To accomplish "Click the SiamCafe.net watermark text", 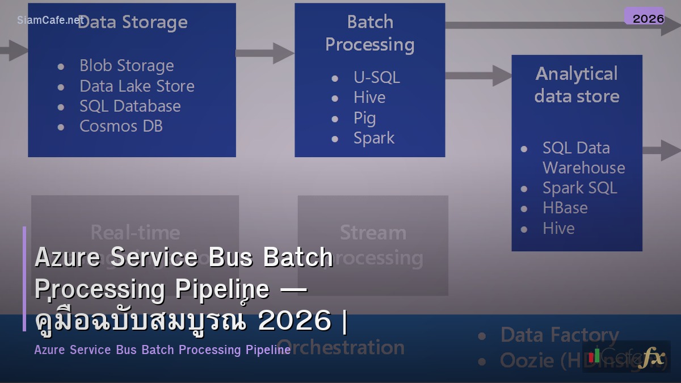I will (50, 20).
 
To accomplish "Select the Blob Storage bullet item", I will (127, 66).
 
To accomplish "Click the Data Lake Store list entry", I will (137, 86).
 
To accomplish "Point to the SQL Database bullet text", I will (130, 106).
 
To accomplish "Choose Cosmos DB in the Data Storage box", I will (121, 126).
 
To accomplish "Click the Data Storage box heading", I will (132, 23).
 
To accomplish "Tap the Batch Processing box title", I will (370, 33).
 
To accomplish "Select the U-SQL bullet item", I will (376, 77).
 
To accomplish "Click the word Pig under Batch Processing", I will (364, 118).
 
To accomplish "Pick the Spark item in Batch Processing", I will (373, 138).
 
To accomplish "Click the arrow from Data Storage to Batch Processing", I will (264, 53).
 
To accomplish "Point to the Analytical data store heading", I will (577, 85).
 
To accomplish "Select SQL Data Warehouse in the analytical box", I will (583, 158).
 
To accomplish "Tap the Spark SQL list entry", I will (579, 188).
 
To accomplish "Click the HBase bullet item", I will (565, 208).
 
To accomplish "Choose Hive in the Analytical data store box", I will (558, 228).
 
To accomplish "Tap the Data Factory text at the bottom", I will (559, 335).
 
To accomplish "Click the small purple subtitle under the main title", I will (162, 350).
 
